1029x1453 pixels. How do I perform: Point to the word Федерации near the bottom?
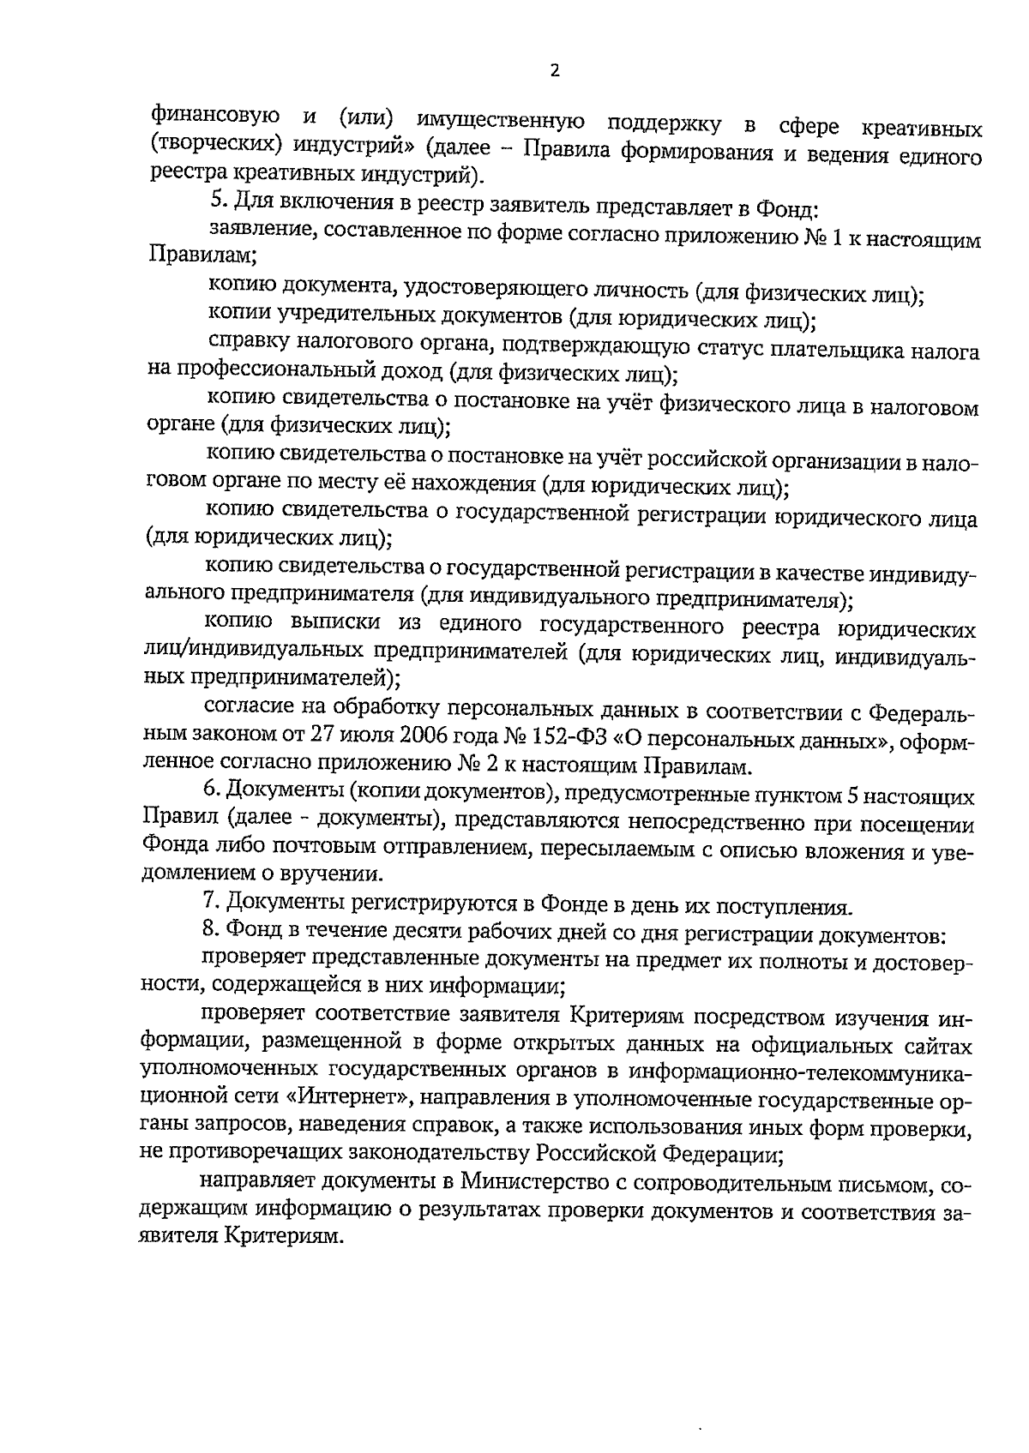[727, 1155]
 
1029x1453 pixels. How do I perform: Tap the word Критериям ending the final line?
[280, 1239]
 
